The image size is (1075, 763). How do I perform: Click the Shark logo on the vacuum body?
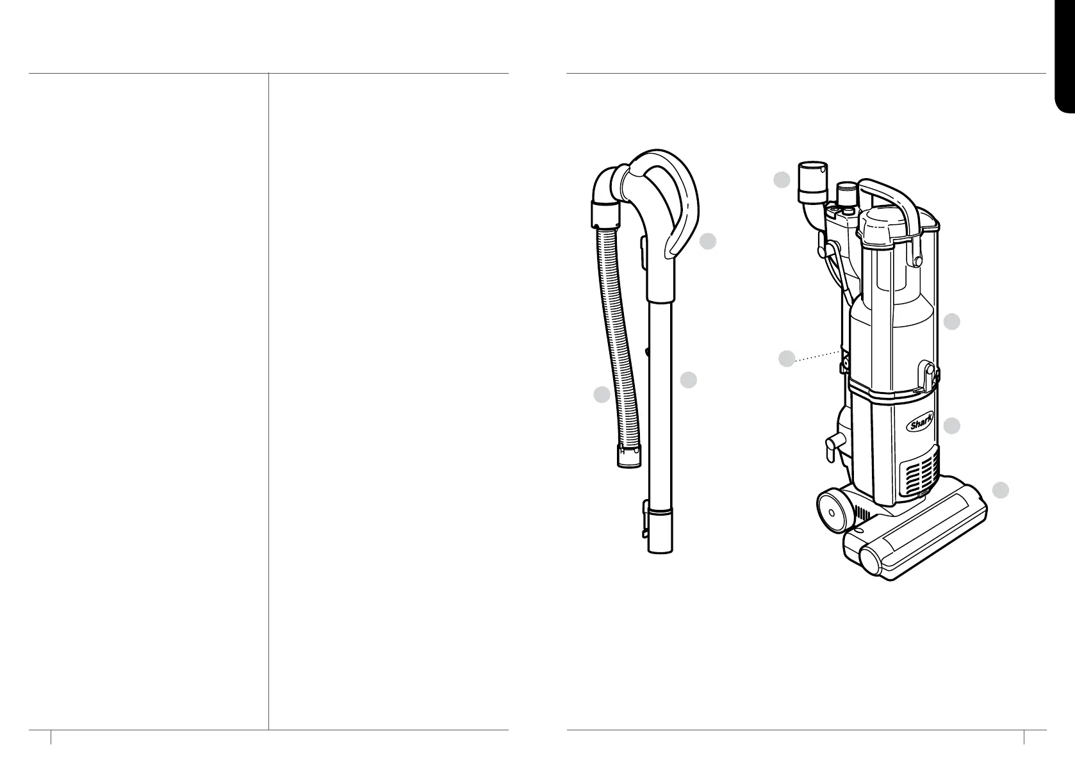919,424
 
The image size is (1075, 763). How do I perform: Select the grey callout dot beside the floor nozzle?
1001,490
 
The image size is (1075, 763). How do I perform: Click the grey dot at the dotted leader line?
787,359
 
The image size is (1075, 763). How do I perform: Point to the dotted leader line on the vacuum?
817,355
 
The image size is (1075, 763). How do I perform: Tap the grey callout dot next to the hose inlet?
782,179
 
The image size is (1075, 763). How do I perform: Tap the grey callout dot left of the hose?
602,395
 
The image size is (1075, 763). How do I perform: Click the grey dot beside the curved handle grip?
708,242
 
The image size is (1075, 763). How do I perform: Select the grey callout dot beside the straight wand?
689,380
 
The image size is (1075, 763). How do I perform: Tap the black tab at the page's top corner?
1065,56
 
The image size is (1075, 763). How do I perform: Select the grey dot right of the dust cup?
951,322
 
